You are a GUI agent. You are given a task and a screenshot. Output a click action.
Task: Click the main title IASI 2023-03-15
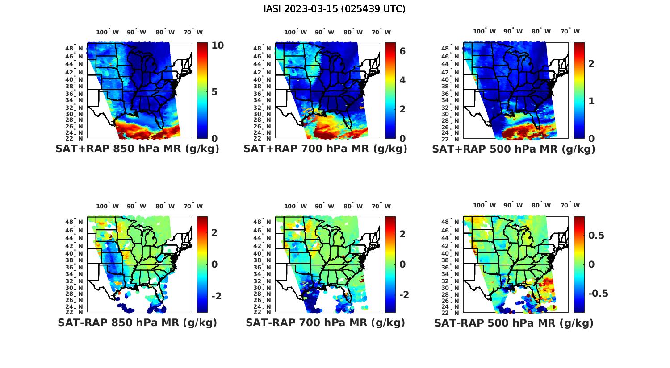(335, 9)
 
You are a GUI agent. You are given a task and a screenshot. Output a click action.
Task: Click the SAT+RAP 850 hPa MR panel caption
(137, 149)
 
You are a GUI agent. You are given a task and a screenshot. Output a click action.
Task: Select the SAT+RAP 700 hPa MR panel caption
(325, 149)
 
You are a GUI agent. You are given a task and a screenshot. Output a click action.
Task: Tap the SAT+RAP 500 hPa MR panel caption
(514, 149)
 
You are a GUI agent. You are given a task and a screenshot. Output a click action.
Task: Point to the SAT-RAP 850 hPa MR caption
(137, 323)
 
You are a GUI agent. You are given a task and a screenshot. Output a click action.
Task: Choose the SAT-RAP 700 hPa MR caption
(325, 323)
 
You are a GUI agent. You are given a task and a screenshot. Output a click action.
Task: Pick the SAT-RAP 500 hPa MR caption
(514, 323)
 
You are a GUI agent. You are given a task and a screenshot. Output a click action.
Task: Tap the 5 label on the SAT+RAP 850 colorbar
(214, 92)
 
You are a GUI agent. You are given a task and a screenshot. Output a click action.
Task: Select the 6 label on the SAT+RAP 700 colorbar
(402, 51)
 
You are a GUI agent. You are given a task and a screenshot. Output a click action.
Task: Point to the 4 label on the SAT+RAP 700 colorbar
(402, 80)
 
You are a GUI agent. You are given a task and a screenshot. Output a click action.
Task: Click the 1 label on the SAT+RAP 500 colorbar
(591, 101)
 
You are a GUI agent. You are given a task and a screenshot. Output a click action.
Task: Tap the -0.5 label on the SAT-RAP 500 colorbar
(598, 293)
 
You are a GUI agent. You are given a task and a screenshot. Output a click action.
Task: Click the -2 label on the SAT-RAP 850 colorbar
(216, 296)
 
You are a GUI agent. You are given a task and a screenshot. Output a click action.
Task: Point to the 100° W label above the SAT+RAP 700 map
(295, 32)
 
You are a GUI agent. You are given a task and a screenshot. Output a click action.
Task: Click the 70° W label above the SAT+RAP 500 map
(570, 31)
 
